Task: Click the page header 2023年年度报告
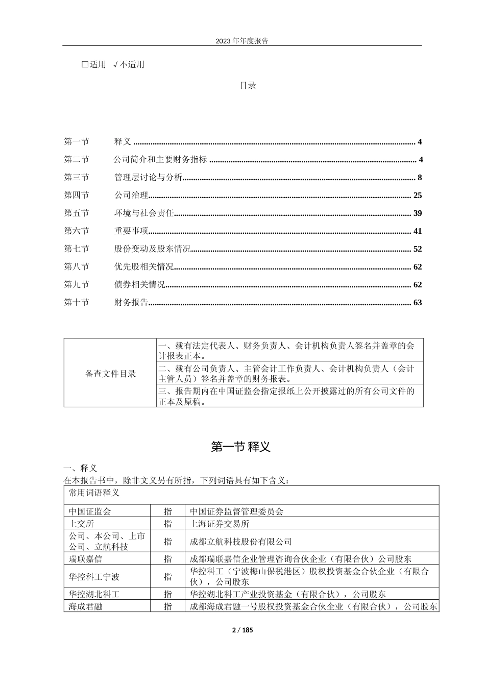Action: pos(242,41)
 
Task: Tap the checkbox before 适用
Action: pos(85,64)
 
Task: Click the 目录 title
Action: pos(248,85)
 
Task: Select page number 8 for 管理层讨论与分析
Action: pos(420,178)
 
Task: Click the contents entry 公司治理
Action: pos(131,195)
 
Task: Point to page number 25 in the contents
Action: pos(417,195)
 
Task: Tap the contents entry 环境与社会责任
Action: pos(144,213)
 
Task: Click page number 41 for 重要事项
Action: pos(417,231)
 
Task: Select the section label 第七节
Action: pos(77,249)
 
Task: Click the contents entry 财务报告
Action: pos(131,303)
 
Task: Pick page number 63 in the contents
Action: pos(417,303)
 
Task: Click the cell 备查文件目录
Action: pos(110,374)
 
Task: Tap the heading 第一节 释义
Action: pos(240,447)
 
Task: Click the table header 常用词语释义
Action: pos(94,493)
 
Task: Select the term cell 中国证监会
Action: pos(90,511)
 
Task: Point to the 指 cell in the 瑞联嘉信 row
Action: pos(168,559)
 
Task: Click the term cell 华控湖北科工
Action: pos(94,594)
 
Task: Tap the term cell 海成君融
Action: pos(86,606)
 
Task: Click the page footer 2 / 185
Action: pos(243,630)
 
